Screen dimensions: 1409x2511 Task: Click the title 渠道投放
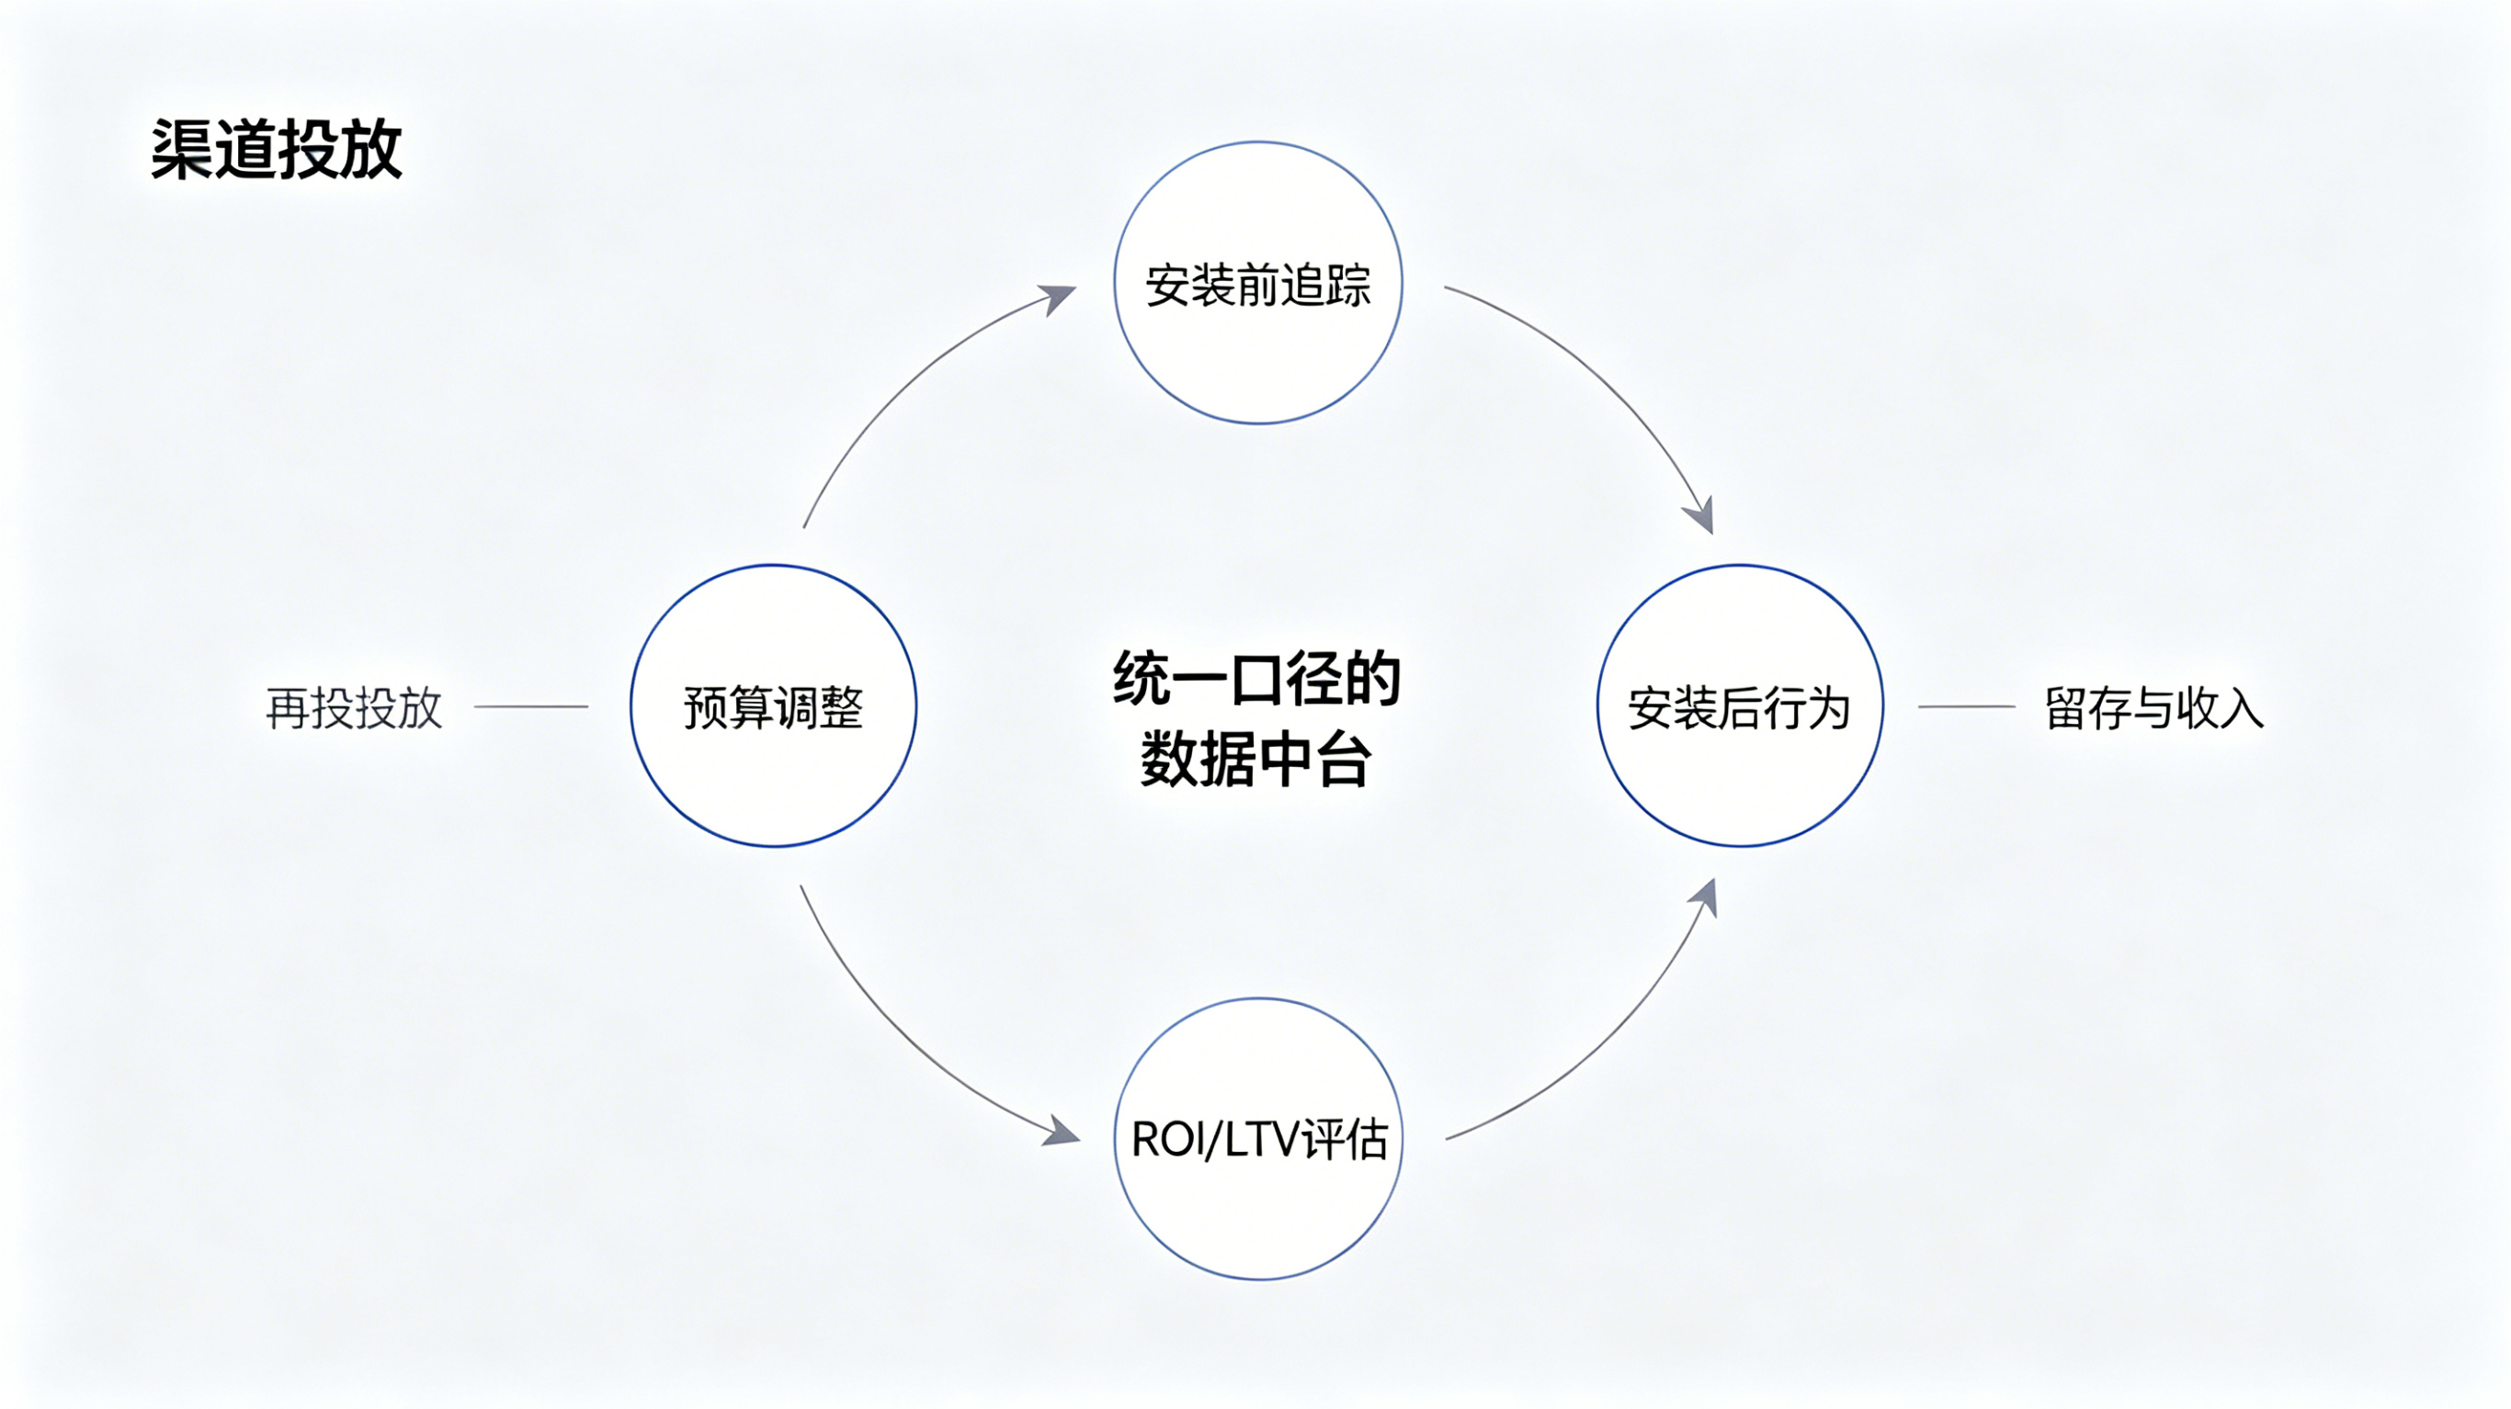(276, 149)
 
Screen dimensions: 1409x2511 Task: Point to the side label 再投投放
(354, 707)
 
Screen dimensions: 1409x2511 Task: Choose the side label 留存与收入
(2153, 707)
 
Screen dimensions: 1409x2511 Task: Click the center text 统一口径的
(1256, 678)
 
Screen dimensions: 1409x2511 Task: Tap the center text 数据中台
(1256, 759)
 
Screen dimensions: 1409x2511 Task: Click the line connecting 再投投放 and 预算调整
(531, 706)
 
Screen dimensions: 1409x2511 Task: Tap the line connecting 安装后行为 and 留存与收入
(1966, 706)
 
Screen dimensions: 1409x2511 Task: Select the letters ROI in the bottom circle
(1166, 1139)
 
